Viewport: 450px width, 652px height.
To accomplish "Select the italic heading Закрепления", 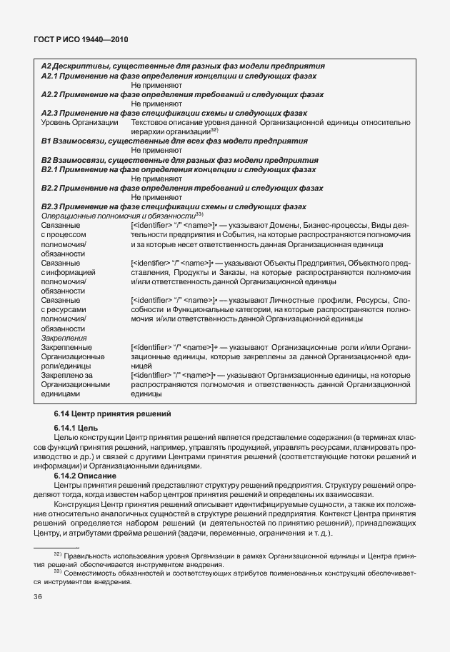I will pyautogui.click(x=64, y=338).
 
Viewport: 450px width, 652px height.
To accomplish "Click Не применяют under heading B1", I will pyautogui.click(x=156, y=151).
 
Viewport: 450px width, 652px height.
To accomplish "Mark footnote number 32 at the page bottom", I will pyautogui.click(x=58, y=554).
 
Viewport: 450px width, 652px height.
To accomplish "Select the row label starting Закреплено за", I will pyautogui.click(x=68, y=375).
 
